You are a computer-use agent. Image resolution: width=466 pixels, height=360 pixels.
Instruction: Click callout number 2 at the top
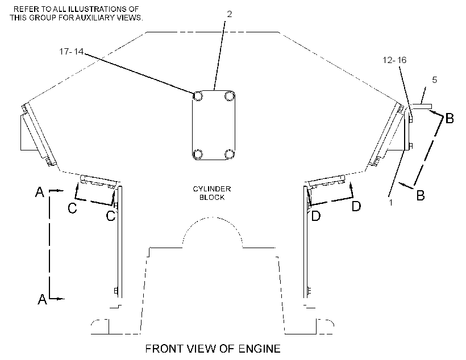229,14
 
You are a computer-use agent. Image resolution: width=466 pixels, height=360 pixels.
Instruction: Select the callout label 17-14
72,52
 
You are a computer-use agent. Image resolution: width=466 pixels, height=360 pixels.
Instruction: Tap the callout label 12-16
394,60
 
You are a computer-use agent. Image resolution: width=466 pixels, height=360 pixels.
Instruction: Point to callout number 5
435,80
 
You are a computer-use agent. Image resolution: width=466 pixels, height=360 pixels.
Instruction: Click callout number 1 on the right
391,202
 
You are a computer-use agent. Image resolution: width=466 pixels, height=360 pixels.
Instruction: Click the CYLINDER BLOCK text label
212,193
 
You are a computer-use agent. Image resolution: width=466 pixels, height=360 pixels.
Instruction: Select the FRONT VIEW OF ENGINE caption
213,349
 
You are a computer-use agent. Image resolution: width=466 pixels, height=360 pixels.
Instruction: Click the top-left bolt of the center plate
198,96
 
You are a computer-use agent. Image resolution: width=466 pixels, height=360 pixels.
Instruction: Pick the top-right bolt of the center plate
230,96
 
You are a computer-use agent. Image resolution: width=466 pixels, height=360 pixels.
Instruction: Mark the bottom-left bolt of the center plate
198,154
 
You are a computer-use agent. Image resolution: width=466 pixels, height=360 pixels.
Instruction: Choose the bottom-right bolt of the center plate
230,154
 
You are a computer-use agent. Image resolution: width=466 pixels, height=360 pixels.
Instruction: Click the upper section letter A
40,192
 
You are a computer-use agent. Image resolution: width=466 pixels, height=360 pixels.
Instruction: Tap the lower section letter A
42,299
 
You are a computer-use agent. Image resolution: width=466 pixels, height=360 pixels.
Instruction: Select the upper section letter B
450,119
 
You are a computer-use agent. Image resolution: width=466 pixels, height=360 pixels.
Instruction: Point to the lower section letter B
421,195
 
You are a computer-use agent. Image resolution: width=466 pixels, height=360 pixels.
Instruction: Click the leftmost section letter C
72,208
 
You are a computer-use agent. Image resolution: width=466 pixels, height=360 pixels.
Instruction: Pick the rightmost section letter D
356,206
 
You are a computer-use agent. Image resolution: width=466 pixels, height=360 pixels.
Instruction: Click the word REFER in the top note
26,9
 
